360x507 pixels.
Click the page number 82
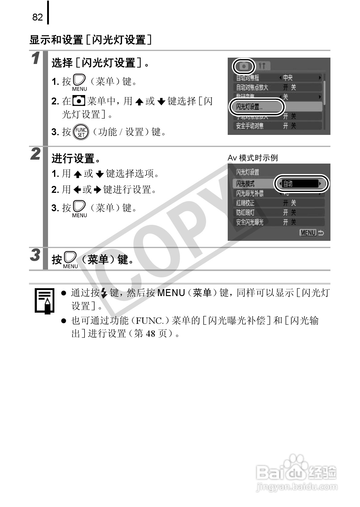click(x=37, y=17)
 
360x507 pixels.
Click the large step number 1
click(x=36, y=58)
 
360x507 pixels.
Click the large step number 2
click(x=36, y=154)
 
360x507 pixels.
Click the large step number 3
click(x=35, y=255)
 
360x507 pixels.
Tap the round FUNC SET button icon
click(x=81, y=132)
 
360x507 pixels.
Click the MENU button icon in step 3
click(x=70, y=259)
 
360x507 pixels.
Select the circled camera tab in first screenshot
click(x=244, y=66)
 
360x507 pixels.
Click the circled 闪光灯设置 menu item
click(x=256, y=107)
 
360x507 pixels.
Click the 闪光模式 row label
click(x=245, y=184)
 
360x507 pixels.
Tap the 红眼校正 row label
click(x=245, y=203)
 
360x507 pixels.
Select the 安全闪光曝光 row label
click(x=250, y=222)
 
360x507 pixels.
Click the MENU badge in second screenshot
click(x=308, y=233)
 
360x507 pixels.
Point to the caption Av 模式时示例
click(x=252, y=158)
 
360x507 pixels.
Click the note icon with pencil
click(x=44, y=300)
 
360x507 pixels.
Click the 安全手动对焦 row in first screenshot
click(x=250, y=126)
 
